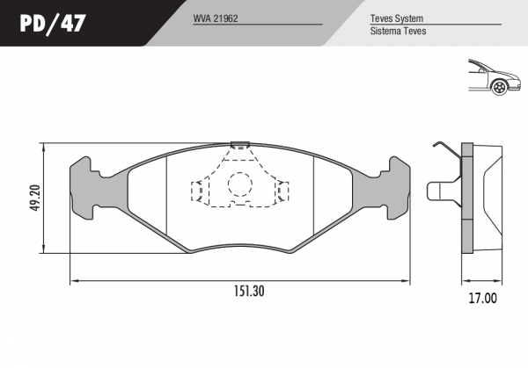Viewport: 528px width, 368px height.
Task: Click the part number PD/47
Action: tap(53, 23)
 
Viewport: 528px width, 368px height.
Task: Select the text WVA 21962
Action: tap(216, 18)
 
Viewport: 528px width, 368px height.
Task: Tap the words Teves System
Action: tap(397, 18)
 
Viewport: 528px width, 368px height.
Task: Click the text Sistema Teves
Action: tap(398, 31)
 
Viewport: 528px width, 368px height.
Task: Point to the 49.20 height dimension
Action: tap(35, 198)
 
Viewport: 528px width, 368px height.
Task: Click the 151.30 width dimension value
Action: tap(250, 291)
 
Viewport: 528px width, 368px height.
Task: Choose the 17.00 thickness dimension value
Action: tap(483, 298)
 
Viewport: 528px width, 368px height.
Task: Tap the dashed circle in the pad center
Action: tap(240, 184)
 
